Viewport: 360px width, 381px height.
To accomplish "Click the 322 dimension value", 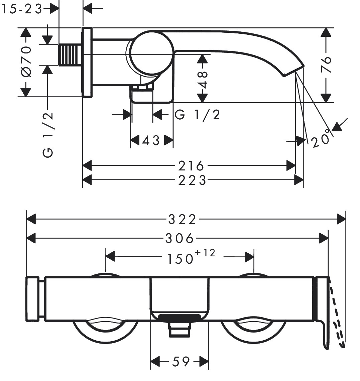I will point(182,220).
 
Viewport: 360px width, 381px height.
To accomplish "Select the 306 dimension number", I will point(179,238).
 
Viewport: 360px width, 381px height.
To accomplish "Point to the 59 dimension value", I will point(181,361).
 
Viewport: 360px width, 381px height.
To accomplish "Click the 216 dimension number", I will point(191,165).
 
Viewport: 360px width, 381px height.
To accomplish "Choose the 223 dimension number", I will point(192,180).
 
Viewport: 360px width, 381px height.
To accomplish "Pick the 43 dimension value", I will point(151,141).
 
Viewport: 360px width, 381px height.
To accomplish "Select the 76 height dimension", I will point(326,65).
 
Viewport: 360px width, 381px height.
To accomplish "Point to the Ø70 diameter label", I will point(26,61).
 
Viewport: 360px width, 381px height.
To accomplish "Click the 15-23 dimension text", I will point(21,9).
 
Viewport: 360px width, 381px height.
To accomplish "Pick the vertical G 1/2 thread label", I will point(48,135).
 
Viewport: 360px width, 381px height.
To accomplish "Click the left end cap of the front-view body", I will point(33,299).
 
